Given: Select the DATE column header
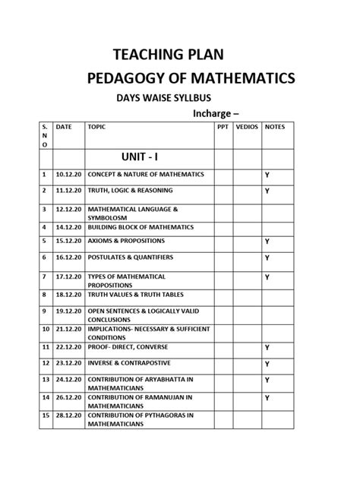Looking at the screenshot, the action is pyautogui.click(x=64, y=127).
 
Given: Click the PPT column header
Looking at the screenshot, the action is pyautogui.click(x=222, y=127).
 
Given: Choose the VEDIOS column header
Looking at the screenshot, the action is pyautogui.click(x=245, y=127).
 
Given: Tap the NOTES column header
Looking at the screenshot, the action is pyautogui.click(x=274, y=127).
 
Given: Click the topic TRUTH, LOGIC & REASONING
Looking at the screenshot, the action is pyautogui.click(x=130, y=190).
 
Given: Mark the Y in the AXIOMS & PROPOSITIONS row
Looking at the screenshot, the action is pyautogui.click(x=267, y=241).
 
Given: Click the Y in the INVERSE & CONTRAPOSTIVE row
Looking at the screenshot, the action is pyautogui.click(x=267, y=364).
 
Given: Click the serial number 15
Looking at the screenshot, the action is pyautogui.click(x=45, y=415).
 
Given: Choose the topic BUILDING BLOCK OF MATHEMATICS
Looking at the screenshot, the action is pyautogui.click(x=138, y=226).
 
